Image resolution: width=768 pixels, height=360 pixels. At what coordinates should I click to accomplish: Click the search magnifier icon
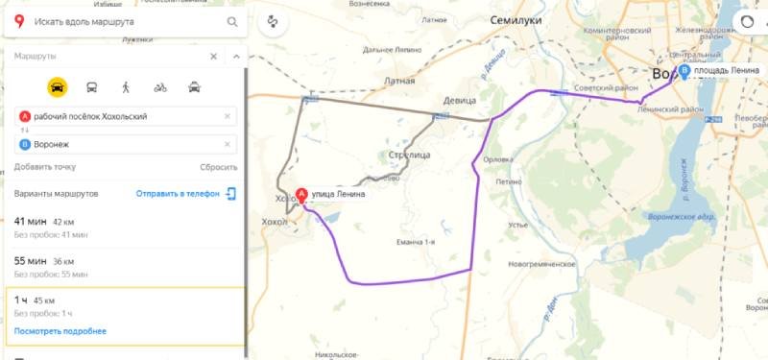pyautogui.click(x=232, y=20)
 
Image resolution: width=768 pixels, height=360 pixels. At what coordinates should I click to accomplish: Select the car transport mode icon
pyautogui.click(x=58, y=86)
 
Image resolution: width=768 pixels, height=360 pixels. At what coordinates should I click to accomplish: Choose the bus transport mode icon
pyautogui.click(x=91, y=86)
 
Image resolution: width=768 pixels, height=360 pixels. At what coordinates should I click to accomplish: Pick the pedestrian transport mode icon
pyautogui.click(x=126, y=86)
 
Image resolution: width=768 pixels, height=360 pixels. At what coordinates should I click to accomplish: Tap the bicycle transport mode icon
pyautogui.click(x=159, y=86)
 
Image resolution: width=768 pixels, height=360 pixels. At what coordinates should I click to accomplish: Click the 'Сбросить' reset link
pyautogui.click(x=218, y=167)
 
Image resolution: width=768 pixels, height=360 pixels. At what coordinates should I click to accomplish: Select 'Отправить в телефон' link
pyautogui.click(x=179, y=194)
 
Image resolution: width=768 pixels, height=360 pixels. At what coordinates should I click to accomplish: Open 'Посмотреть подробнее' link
pyautogui.click(x=60, y=331)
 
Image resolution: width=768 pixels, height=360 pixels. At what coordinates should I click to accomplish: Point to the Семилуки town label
pyautogui.click(x=516, y=20)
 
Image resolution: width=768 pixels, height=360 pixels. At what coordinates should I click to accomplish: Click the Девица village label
pyautogui.click(x=460, y=99)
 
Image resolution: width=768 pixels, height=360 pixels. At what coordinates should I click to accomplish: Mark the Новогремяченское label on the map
pyautogui.click(x=547, y=262)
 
